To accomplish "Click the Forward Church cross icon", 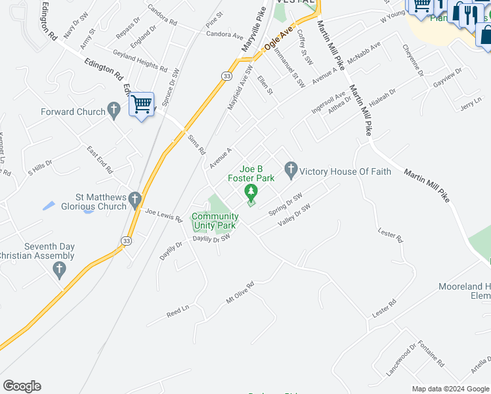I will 114,111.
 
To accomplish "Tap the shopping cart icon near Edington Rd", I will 141,104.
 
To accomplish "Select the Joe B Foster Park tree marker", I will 250,192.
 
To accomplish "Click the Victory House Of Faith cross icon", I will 291,171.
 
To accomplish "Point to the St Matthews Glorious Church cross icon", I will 135,198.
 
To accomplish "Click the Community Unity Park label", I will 215,221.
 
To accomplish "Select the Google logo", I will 22,386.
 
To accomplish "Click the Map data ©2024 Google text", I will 450,389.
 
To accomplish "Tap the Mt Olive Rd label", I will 240,292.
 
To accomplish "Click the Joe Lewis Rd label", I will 163,214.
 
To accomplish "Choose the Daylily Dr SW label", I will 211,239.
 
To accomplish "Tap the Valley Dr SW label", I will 293,216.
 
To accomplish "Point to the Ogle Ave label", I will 278,39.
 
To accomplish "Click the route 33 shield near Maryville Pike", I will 226,77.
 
